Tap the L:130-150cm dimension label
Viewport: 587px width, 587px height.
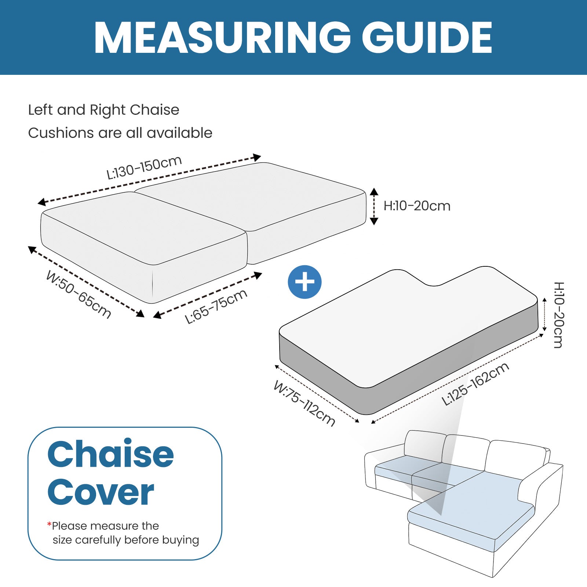click(x=144, y=167)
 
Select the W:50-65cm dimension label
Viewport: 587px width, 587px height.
click(x=79, y=295)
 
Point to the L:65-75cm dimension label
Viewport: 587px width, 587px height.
click(x=216, y=307)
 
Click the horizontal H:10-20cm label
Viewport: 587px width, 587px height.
click(x=417, y=206)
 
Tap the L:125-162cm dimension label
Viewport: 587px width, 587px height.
click(x=475, y=384)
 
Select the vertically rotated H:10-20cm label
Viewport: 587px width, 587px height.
click(x=558, y=315)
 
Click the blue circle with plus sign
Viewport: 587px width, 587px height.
click(x=305, y=282)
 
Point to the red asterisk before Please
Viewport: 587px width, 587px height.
click(x=49, y=524)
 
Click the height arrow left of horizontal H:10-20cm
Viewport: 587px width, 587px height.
click(x=374, y=206)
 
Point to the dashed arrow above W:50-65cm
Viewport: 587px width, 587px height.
click(x=86, y=281)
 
